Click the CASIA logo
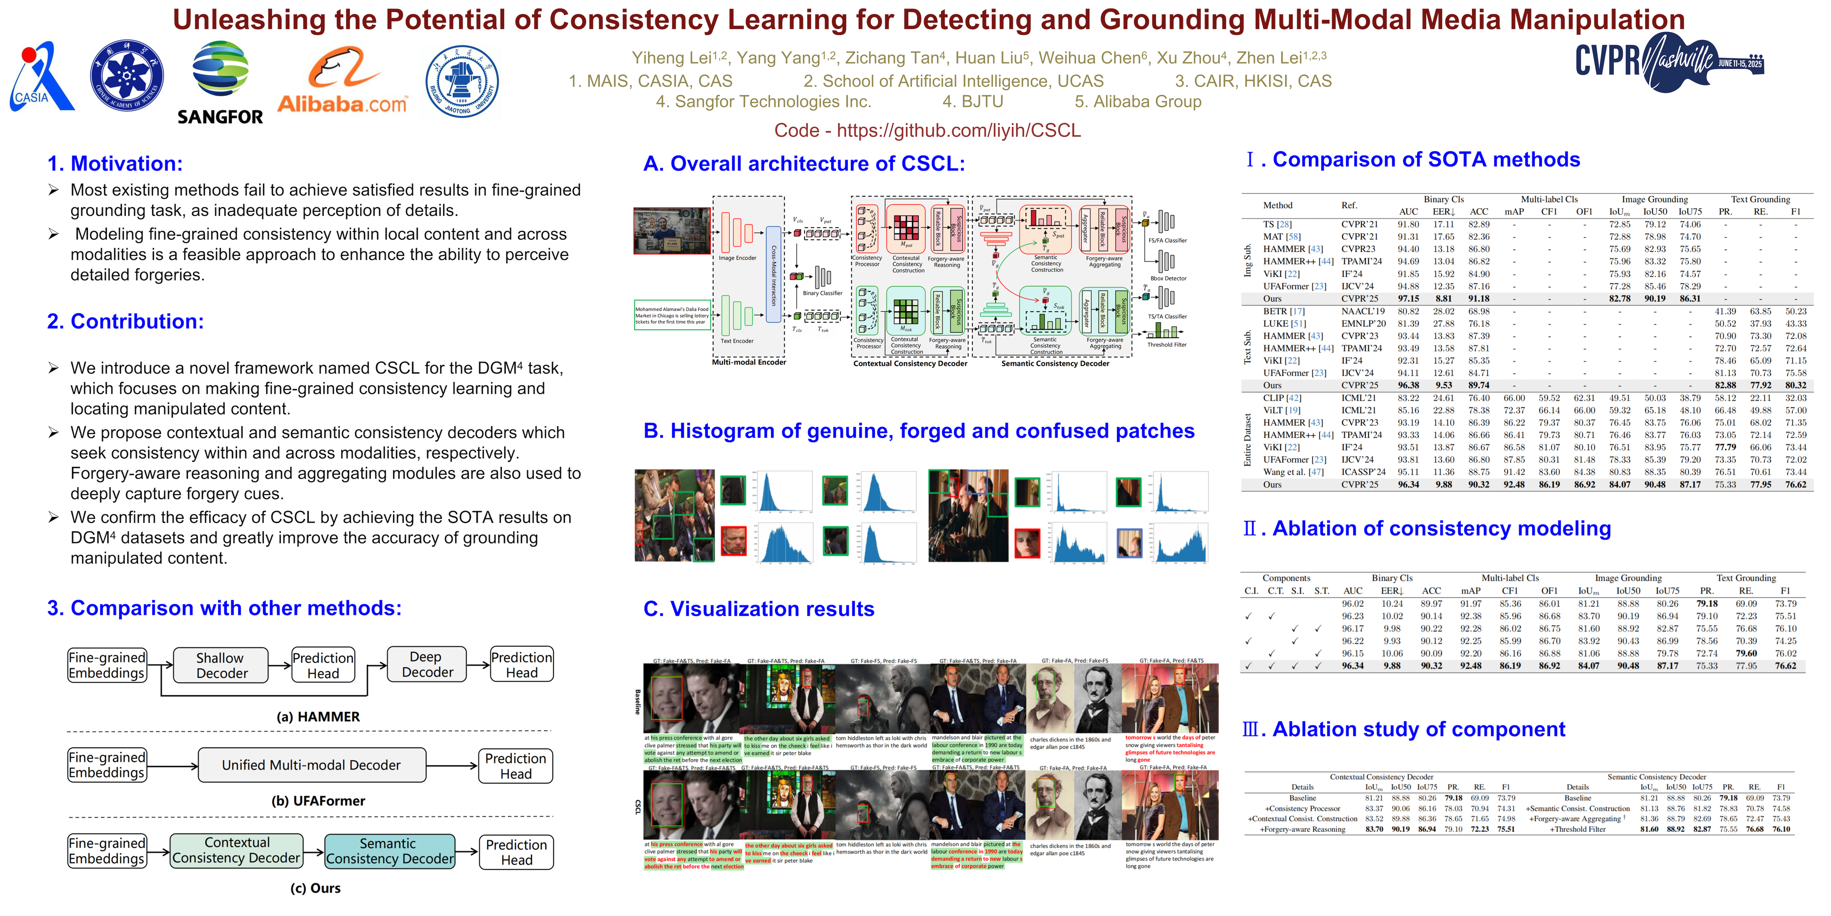tap(41, 77)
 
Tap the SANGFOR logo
tap(220, 82)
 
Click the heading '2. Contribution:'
tap(125, 321)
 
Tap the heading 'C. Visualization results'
tap(759, 609)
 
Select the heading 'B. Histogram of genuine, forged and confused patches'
tap(918, 431)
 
